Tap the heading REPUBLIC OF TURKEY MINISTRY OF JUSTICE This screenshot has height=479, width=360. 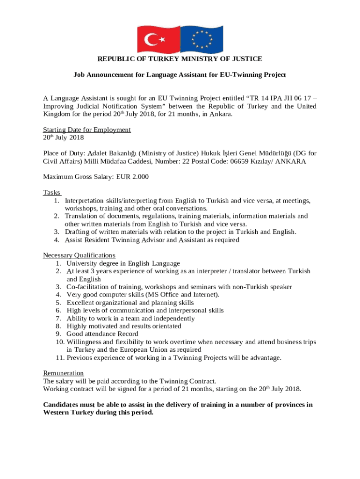[x=180, y=59]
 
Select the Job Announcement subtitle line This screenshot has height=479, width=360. [x=180, y=75]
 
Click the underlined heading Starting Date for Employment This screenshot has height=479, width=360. [x=87, y=130]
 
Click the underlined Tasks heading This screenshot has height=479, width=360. [x=52, y=193]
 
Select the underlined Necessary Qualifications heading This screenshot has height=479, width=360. [x=79, y=255]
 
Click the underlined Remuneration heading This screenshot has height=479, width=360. [x=64, y=373]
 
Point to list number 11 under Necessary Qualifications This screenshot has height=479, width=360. [x=60, y=358]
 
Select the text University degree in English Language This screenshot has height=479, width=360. [x=123, y=263]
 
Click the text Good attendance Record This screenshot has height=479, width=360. [x=102, y=334]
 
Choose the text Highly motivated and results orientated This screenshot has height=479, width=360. [x=124, y=326]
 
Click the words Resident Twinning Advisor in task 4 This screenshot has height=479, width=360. [x=123, y=240]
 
